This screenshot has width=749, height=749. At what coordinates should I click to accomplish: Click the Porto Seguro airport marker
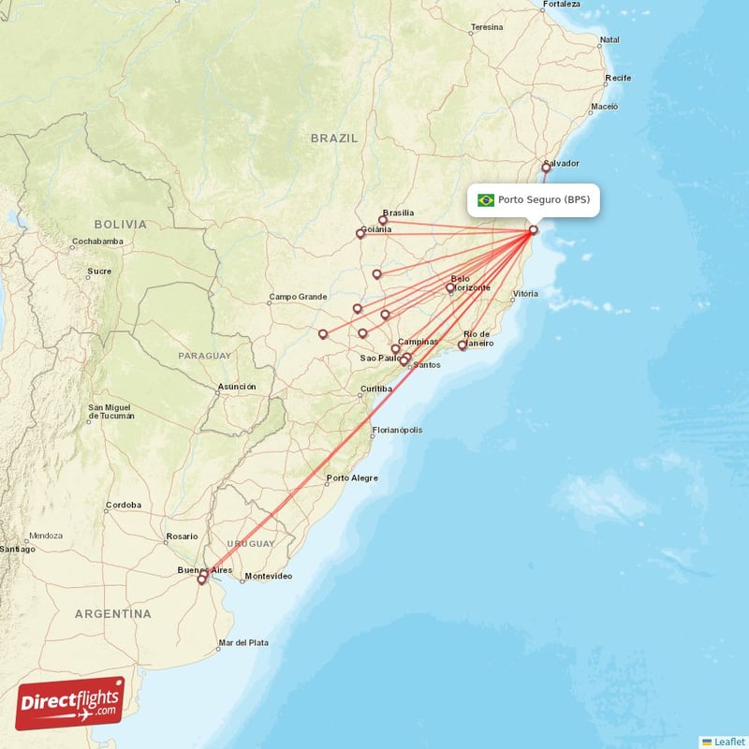click(x=533, y=230)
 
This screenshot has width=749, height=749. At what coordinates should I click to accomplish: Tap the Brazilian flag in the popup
click(x=486, y=200)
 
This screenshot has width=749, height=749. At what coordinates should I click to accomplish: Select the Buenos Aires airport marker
click(x=201, y=580)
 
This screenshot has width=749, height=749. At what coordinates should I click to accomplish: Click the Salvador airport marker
click(x=546, y=168)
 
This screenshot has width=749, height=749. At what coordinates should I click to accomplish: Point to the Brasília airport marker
click(x=383, y=221)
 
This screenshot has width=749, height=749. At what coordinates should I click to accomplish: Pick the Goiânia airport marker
click(x=360, y=234)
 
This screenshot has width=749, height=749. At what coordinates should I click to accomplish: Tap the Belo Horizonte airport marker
click(x=450, y=287)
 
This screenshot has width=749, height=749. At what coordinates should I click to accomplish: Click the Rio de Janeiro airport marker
click(x=463, y=345)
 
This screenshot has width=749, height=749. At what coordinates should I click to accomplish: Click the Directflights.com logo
click(x=70, y=703)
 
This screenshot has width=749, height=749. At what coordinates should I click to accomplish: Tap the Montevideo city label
click(x=268, y=576)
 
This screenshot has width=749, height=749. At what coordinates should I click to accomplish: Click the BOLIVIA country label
click(x=120, y=225)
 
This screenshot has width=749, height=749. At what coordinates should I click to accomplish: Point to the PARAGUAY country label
click(x=204, y=356)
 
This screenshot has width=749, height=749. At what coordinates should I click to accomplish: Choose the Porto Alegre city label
click(x=352, y=478)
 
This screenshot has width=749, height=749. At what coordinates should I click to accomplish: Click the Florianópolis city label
click(x=397, y=431)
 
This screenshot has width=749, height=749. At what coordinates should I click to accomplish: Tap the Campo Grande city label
click(x=298, y=297)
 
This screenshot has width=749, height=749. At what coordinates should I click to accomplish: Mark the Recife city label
click(x=618, y=78)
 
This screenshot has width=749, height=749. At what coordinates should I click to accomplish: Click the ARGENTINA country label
click(x=113, y=614)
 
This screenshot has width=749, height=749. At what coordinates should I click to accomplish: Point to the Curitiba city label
click(x=376, y=389)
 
